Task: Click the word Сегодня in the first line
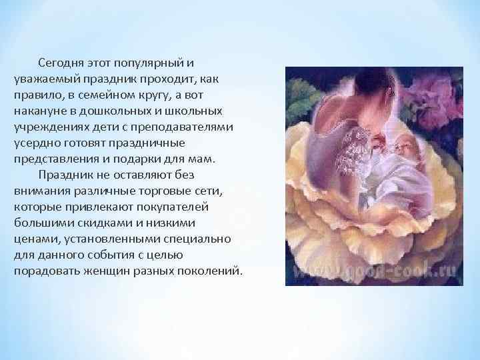pos(60,63)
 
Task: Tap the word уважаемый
pos(43,79)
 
